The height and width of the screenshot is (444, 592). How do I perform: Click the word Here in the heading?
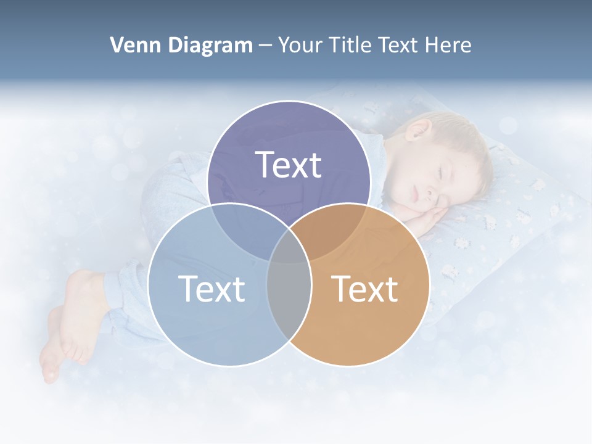coord(450,45)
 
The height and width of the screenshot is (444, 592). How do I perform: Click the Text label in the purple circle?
coord(289,165)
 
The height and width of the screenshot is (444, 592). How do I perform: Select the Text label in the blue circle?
coord(212,288)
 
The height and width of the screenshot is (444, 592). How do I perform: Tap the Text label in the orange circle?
coord(364,288)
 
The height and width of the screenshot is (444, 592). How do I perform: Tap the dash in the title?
coord(265,45)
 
